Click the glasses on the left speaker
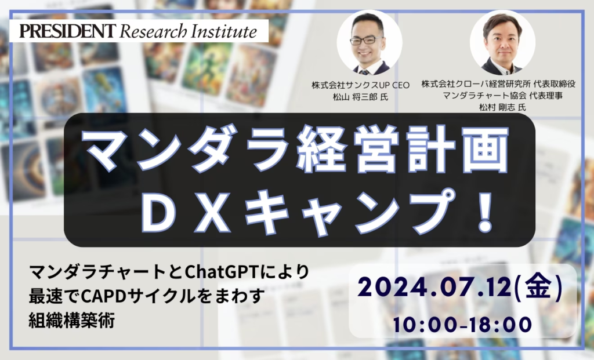[366, 40]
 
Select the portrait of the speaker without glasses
[502, 42]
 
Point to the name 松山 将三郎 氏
[360, 97]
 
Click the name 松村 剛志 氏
[502, 107]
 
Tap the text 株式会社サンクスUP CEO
[360, 85]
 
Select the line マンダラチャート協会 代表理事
[502, 96]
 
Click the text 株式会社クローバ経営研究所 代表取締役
[498, 84]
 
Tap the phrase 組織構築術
[71, 321]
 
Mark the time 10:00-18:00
[462, 325]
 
